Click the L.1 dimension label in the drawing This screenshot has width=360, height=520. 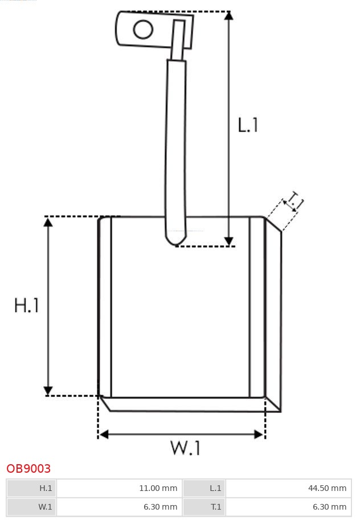tap(248, 125)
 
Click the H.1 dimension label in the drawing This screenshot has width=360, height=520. tap(27, 305)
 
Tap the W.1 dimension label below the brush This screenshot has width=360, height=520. tap(186, 448)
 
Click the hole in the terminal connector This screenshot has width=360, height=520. tap(144, 30)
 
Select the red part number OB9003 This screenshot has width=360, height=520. tap(28, 469)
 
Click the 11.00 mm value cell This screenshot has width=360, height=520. tap(120, 488)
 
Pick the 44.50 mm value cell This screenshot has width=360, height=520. tap(289, 488)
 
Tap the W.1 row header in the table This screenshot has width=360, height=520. tap(32, 506)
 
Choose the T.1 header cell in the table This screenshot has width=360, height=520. tap(204, 506)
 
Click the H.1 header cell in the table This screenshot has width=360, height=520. tap(32, 488)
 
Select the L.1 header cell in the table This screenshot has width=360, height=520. tap(204, 488)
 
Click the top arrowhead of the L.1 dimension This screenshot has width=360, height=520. tap(228, 15)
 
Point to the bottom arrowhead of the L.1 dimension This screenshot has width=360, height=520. tap(228, 241)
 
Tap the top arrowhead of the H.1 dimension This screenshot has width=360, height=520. tap(48, 222)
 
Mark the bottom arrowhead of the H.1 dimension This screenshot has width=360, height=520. tap(48, 391)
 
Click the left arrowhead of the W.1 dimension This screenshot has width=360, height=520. tap(103, 435)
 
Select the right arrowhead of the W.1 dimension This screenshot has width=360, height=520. tap(260, 435)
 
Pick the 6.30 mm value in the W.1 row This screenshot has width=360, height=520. tap(120, 506)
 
